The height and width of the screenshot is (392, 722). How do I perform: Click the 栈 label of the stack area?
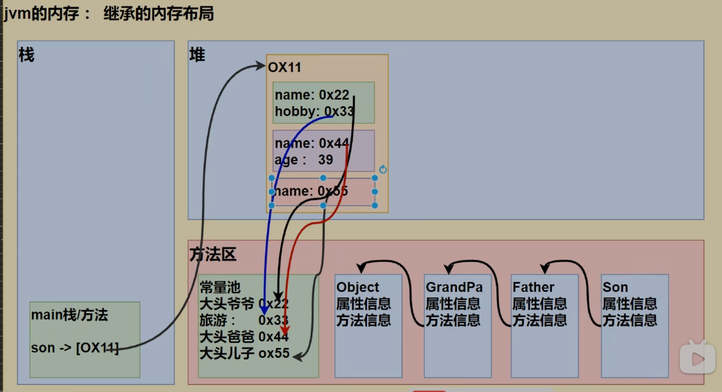[26, 55]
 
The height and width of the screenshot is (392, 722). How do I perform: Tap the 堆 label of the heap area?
[197, 55]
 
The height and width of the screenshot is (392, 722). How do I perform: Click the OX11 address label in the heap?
[285, 68]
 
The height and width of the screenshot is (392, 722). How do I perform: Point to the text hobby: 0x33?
[314, 112]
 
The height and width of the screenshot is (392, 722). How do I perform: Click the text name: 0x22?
[312, 95]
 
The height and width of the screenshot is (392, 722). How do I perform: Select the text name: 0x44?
[312, 143]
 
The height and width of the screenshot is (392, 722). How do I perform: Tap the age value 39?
[325, 160]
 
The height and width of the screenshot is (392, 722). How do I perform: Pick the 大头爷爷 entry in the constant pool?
[227, 303]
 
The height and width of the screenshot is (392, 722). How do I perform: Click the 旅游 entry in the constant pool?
[218, 320]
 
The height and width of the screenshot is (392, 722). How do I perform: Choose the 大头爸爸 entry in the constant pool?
[227, 336]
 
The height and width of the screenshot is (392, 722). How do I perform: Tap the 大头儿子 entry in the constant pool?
[227, 353]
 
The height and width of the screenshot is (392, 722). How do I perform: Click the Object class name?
[358, 287]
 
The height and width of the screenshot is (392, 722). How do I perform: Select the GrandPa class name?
[454, 287]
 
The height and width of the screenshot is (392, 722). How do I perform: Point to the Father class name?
[533, 287]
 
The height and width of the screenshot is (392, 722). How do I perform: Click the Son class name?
[615, 287]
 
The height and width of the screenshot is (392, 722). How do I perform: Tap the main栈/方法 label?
[69, 315]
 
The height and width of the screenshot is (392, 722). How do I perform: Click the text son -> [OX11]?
[75, 348]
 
